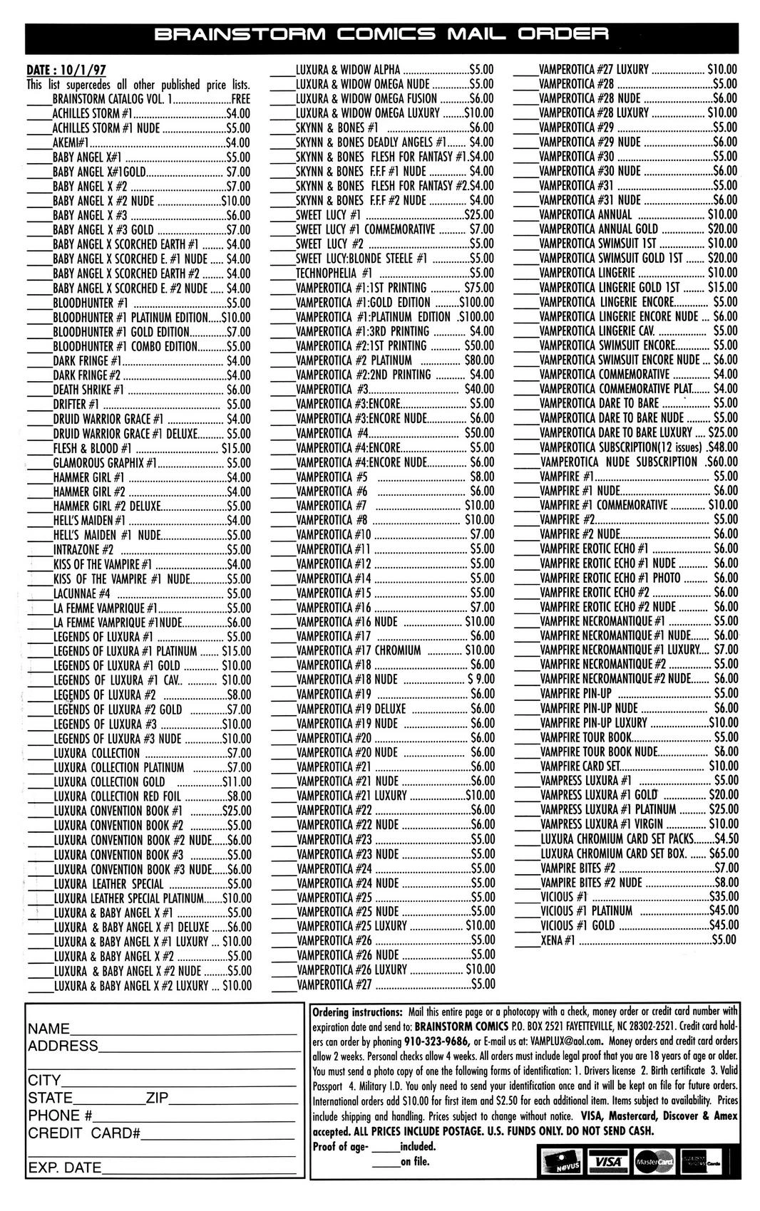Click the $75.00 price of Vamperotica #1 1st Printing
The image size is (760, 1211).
point(478,288)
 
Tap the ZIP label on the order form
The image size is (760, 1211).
point(157,1098)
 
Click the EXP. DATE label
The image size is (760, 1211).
point(64,1168)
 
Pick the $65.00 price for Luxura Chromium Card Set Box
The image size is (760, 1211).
point(723,853)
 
